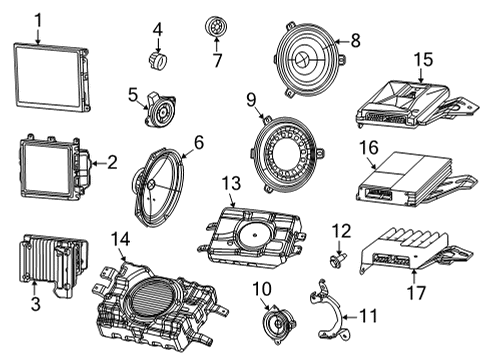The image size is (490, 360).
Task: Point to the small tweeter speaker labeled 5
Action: (158, 110)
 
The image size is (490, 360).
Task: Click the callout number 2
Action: (111, 161)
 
